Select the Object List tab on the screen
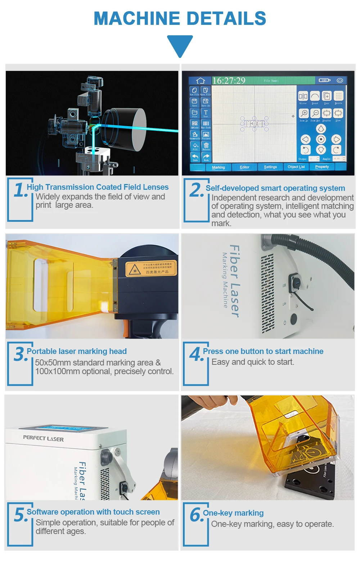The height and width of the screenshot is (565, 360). [x=296, y=167]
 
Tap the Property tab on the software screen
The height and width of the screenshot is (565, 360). [x=322, y=167]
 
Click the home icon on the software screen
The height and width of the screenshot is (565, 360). [x=201, y=80]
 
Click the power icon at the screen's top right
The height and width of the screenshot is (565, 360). [x=339, y=80]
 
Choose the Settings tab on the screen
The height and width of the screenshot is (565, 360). [x=270, y=167]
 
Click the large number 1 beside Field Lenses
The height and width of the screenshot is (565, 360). [x=20, y=190]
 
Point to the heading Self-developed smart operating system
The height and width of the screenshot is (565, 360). [x=275, y=188]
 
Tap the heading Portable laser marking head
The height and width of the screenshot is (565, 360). [x=77, y=351]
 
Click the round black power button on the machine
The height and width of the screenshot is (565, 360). [x=294, y=318]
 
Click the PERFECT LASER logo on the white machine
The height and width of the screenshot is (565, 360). [x=43, y=438]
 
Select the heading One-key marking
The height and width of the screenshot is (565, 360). [x=233, y=513]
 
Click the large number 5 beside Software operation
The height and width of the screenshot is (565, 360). [x=20, y=515]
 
